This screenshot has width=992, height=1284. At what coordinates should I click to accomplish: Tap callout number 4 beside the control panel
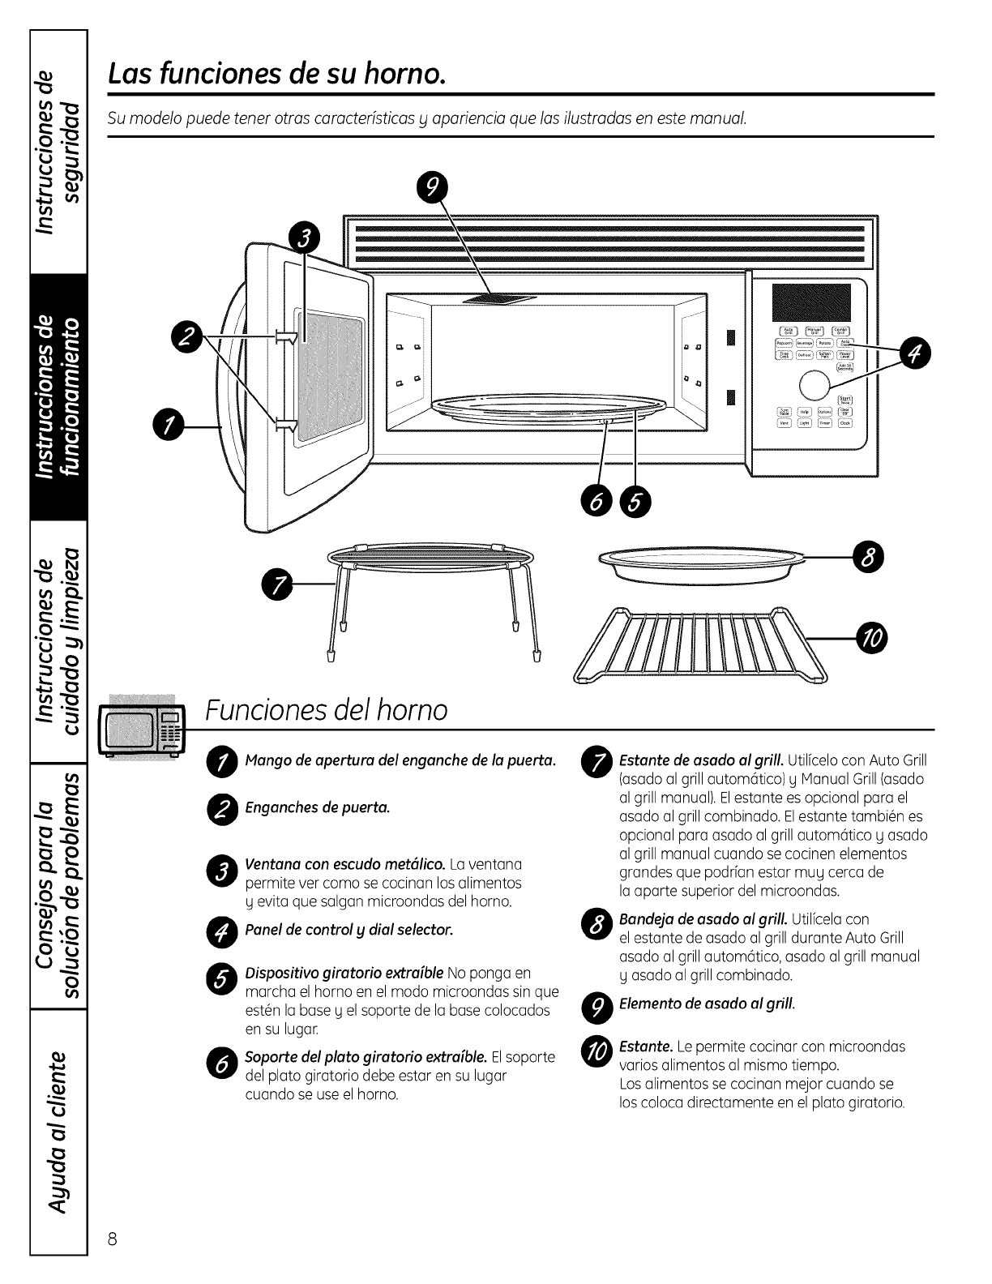[916, 353]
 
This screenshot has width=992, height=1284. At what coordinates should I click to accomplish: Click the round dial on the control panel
[815, 387]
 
